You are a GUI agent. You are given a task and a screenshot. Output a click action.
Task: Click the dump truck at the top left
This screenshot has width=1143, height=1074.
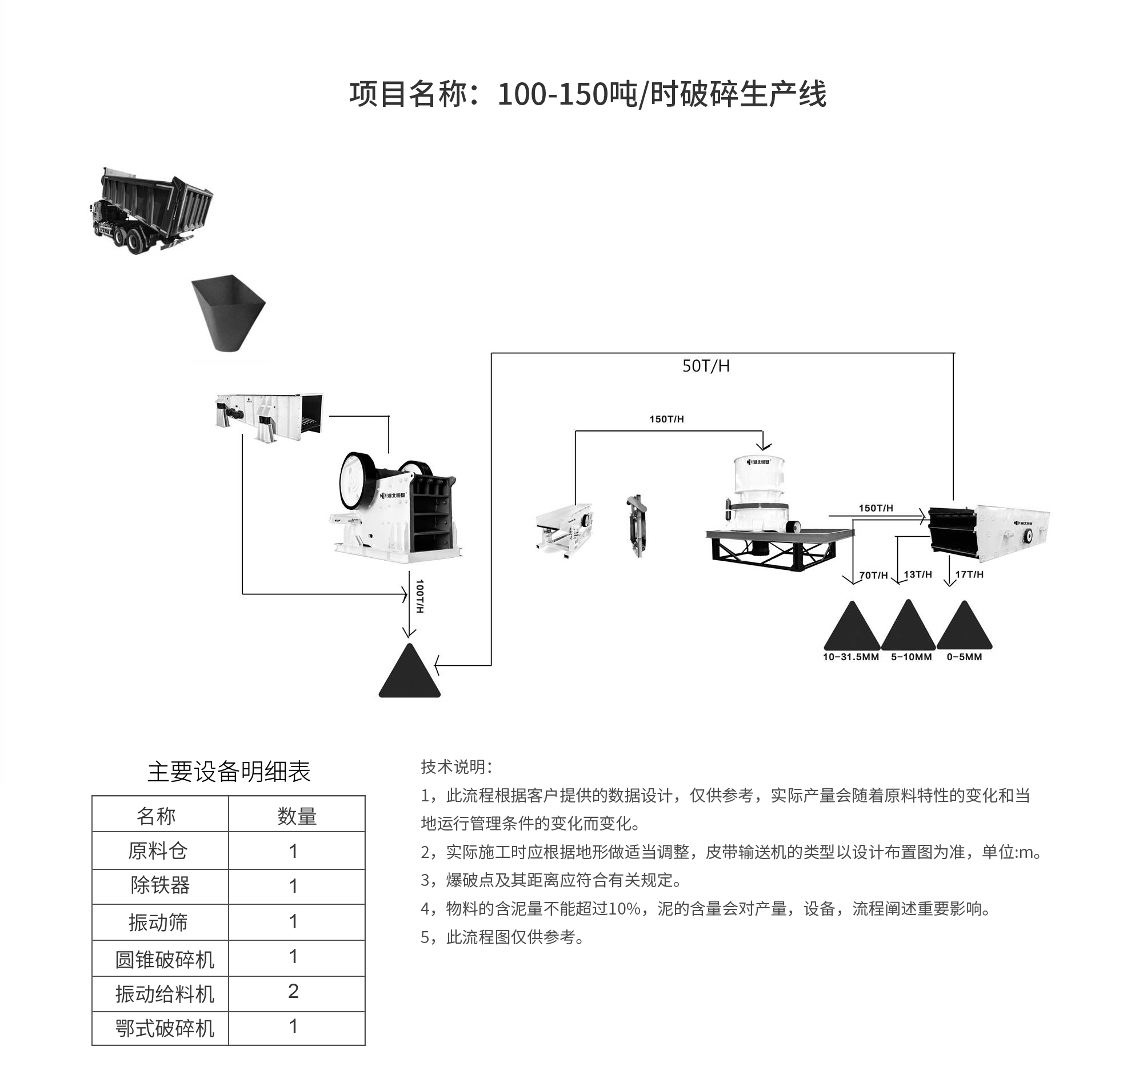(153, 211)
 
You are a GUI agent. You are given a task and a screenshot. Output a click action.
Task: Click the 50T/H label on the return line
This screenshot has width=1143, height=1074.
(705, 366)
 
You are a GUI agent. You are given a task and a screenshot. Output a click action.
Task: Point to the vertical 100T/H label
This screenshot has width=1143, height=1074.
(420, 596)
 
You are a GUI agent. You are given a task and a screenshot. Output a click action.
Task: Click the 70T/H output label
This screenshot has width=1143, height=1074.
(873, 575)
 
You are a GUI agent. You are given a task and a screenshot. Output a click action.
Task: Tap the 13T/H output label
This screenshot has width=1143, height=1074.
(918, 574)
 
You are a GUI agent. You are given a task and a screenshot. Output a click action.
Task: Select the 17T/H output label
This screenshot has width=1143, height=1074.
(969, 574)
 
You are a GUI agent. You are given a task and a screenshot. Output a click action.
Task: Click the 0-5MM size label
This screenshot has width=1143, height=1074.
(964, 657)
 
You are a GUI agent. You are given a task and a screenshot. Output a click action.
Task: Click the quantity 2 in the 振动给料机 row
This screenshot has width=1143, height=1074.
(293, 991)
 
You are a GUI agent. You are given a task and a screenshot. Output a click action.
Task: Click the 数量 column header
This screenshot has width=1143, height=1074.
(297, 816)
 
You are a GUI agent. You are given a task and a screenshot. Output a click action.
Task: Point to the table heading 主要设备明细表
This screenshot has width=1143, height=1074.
(228, 772)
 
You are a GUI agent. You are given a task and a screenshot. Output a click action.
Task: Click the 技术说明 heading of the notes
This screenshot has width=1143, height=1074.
(456, 766)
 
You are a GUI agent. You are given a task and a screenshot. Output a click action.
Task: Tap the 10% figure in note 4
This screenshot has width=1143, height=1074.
(625, 909)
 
